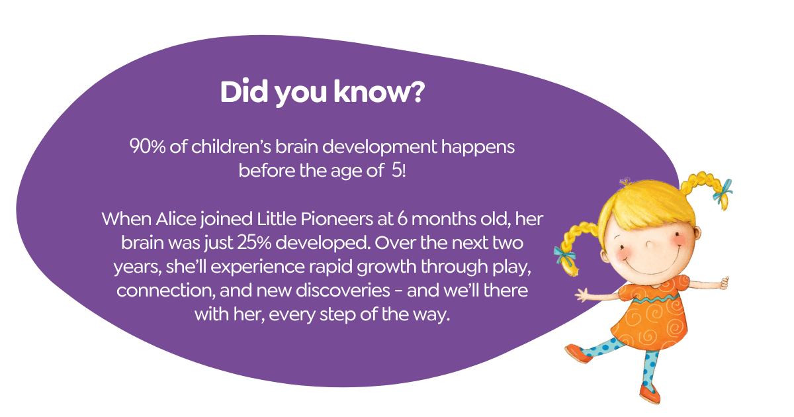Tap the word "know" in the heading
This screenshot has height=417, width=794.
coord(369,91)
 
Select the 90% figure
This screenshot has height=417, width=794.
coord(147,146)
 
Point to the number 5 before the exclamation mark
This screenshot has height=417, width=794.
coord(396,171)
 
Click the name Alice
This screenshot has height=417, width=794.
coord(175,219)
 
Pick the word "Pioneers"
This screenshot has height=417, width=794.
coord(336,219)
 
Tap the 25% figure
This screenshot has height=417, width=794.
coord(254,243)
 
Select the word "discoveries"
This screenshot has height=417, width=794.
coord(343,291)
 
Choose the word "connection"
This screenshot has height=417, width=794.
coord(166,291)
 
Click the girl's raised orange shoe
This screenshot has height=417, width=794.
coord(578,353)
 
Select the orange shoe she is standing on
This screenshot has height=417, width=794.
coord(650,393)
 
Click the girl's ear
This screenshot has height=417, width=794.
coord(697,233)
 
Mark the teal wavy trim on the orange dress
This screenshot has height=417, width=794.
coord(656,299)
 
